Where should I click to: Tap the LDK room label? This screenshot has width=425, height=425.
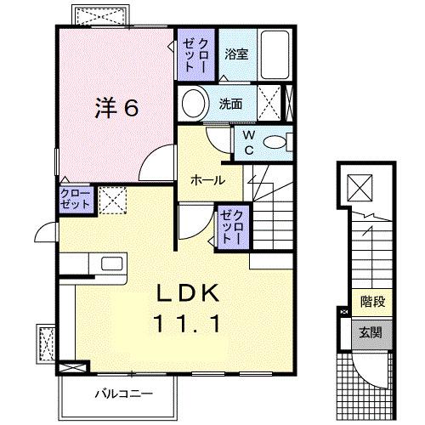tap(189, 294)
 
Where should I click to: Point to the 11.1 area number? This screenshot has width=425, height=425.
tap(189, 323)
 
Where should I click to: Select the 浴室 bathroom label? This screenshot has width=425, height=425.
tap(235, 54)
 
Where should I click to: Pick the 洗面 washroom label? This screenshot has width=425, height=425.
tap(230, 105)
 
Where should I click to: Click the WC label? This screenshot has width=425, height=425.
tap(248, 143)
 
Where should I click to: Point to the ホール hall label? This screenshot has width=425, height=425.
tap(207, 180)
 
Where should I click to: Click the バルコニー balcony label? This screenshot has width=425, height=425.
tap(119, 394)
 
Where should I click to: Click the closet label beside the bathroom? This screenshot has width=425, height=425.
tap(195, 54)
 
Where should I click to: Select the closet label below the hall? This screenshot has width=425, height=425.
tap(233, 226)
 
